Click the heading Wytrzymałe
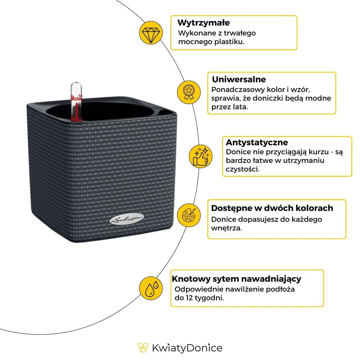(203, 23)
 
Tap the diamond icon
(151, 32)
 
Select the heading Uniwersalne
(239, 79)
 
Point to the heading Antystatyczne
(256, 142)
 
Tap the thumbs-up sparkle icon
(200, 156)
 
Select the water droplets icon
(151, 288)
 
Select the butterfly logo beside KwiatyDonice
(143, 348)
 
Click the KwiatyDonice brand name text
(187, 348)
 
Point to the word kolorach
(314, 208)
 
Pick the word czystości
(242, 169)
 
